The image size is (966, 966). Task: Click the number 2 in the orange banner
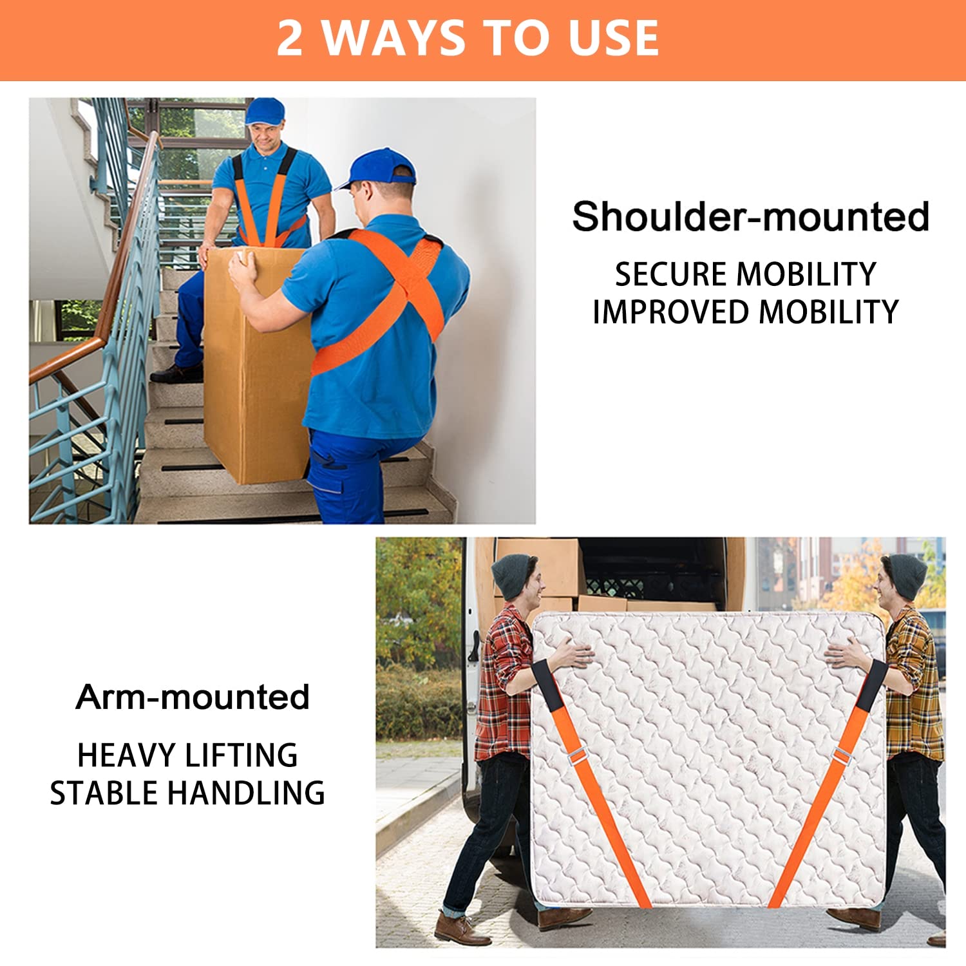tap(290, 39)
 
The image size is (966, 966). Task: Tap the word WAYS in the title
tap(393, 39)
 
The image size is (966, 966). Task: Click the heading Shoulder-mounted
tap(750, 216)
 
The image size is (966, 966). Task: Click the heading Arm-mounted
tap(193, 697)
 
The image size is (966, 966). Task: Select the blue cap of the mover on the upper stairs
tap(265, 111)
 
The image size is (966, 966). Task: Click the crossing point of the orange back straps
tap(406, 290)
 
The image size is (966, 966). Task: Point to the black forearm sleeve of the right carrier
tap(873, 685)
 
